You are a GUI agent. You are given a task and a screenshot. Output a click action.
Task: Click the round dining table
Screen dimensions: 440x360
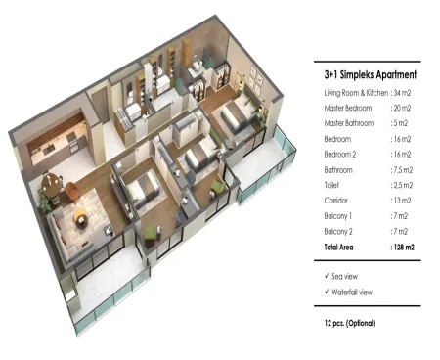pos(52,185)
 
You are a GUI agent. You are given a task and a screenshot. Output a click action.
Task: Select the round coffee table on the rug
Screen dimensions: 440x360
pos(80,216)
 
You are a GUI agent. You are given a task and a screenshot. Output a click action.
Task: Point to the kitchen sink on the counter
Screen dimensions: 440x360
pos(50,150)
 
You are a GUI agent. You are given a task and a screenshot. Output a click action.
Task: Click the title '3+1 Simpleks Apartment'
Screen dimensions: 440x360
pos(371,74)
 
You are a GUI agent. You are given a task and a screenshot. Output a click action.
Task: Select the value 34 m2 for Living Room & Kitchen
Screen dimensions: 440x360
pos(402,93)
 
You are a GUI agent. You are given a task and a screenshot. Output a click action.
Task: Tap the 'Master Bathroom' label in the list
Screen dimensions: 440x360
pos(349,123)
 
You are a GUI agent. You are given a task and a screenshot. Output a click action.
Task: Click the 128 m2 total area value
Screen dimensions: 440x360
pos(404,247)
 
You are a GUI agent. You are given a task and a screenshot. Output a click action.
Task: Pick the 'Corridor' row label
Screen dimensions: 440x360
pos(335,201)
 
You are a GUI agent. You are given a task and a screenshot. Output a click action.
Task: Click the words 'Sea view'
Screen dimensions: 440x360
pos(344,277)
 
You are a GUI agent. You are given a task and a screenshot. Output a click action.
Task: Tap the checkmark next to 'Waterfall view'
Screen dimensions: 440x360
pos(327,292)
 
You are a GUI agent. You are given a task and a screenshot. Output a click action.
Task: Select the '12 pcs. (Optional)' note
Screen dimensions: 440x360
pos(350,323)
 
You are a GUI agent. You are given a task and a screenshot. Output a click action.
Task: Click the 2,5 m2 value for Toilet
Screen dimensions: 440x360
pos(403,185)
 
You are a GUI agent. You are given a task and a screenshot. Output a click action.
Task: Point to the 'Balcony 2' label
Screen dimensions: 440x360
pos(338,232)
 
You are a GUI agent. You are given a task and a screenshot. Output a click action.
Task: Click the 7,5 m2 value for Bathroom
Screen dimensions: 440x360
pos(403,170)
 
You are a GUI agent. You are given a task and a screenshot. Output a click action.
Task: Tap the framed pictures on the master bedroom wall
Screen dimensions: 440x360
pos(257,79)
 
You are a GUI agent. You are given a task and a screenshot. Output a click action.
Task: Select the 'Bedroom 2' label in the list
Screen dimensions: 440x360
pos(340,155)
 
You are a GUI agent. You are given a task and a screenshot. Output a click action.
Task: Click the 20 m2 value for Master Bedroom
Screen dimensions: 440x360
pos(402,108)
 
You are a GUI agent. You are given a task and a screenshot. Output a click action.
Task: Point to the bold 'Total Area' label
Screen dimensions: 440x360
pos(338,247)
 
